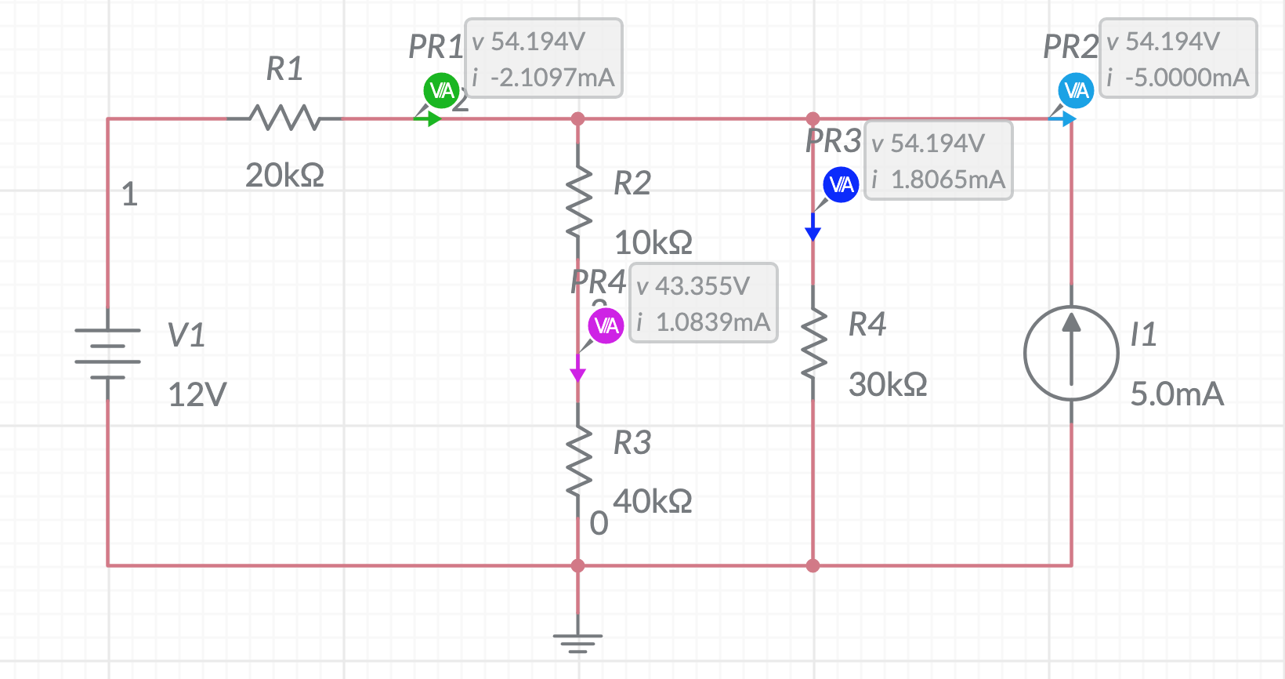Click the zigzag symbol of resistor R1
coord(284,118)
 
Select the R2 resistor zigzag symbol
coord(578,202)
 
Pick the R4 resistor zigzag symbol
coord(813,343)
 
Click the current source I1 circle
coord(1071,353)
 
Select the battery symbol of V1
coord(108,353)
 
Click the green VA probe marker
coord(441,91)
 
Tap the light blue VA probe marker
coord(1076,91)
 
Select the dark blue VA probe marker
coord(841,185)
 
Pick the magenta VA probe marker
coord(606,326)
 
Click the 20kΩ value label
coord(284,175)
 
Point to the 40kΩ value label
coord(652,501)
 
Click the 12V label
coord(197,394)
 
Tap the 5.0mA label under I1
coord(1177,394)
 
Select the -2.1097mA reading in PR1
coord(552,78)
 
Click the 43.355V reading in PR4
coord(702,286)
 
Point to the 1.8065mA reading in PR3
coord(947,180)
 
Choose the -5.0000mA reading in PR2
coord(1186,78)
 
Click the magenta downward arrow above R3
coord(578,372)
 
